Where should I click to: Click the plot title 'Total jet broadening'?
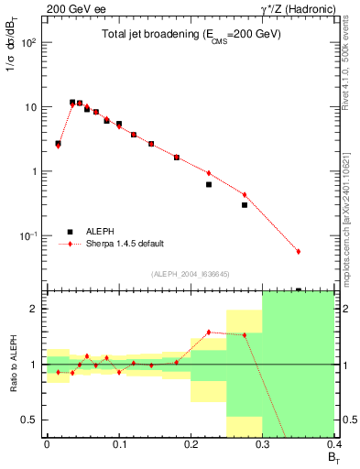[191, 34]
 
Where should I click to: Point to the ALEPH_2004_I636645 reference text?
[191, 274]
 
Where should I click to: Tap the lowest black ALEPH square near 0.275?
[245, 205]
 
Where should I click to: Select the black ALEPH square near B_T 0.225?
[209, 184]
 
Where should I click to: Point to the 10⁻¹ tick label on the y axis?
[29, 236]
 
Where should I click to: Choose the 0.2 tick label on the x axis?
[191, 444]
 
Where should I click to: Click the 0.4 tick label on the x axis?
[333, 444]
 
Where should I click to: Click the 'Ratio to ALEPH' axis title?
[12, 365]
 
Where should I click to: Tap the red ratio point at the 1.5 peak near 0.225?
[209, 332]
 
